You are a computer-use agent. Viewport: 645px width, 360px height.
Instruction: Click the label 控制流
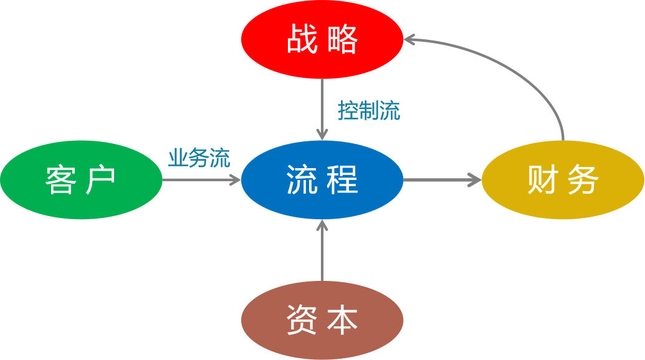pos(369,111)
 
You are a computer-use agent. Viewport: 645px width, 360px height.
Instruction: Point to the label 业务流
pos(199,158)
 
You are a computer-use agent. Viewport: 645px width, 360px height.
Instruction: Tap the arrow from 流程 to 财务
pos(442,180)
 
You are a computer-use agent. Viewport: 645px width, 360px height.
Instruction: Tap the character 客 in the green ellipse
pos(61,180)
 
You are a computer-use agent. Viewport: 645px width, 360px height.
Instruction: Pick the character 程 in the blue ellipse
pos(342,180)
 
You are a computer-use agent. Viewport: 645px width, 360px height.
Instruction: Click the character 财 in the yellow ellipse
pos(543,180)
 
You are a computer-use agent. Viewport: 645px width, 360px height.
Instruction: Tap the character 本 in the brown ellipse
pos(342,320)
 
